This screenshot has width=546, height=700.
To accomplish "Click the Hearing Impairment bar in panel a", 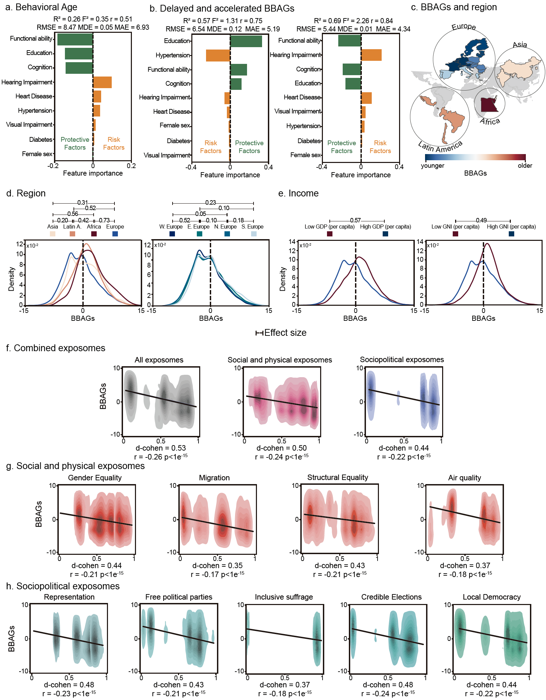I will [x=102, y=82].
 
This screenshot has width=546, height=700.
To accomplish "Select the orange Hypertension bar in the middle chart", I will [x=218, y=55].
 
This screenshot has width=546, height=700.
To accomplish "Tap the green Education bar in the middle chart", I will [x=246, y=41].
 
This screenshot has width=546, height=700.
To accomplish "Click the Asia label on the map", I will [x=520, y=45].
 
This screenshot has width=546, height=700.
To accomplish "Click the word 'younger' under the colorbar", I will [x=433, y=166].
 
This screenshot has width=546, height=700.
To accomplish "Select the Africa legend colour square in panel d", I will [x=94, y=234].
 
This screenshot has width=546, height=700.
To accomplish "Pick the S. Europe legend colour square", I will [x=254, y=234].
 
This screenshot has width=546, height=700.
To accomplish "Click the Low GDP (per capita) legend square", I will [x=330, y=234].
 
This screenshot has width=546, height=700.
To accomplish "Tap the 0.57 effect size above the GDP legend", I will [x=355, y=220].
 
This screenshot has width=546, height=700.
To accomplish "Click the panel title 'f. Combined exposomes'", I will [x=56, y=348].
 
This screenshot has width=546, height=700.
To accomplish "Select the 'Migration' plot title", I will [x=214, y=478].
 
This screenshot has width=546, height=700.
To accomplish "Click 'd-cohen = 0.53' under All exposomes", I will [x=161, y=448].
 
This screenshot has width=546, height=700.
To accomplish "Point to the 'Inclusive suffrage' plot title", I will [x=284, y=597].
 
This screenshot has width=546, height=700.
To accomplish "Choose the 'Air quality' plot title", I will [x=464, y=478].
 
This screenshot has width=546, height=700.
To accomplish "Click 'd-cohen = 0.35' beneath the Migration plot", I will [x=217, y=565].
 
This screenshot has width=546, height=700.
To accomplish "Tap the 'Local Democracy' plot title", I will [x=491, y=597].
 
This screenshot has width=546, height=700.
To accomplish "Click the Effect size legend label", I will [x=285, y=333].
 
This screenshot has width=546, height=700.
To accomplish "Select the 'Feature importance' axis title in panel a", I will [x=93, y=173].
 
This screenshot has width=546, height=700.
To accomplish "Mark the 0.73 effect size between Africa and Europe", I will [x=104, y=220].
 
